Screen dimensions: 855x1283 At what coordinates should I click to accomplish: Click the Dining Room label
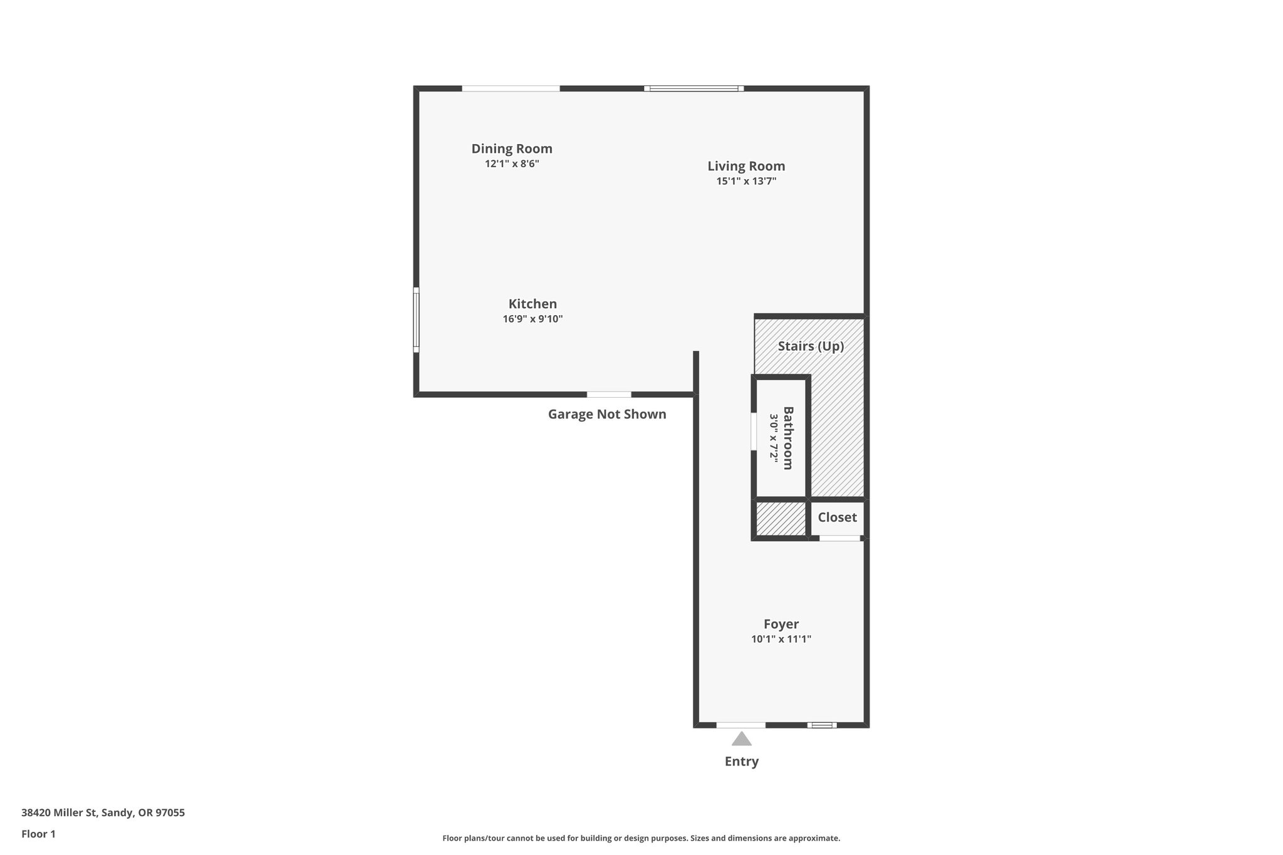(512, 148)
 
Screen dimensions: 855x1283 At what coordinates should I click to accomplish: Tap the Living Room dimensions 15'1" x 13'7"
(746, 181)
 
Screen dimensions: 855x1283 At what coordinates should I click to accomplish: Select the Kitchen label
(532, 304)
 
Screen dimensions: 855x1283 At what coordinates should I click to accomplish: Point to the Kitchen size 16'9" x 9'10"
(532, 319)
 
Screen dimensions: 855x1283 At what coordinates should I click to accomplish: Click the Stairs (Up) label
(811, 346)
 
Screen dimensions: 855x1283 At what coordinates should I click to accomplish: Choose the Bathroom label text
(788, 438)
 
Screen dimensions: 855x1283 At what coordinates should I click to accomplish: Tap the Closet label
(837, 517)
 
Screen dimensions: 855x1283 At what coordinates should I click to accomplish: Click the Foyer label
(781, 624)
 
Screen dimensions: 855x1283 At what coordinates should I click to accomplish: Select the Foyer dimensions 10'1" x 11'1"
(781, 639)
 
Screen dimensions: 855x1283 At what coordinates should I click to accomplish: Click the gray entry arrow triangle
(741, 740)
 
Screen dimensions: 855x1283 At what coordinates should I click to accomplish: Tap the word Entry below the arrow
(741, 761)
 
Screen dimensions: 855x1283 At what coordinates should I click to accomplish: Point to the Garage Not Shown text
(607, 414)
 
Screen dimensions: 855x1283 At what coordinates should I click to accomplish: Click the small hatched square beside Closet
(781, 519)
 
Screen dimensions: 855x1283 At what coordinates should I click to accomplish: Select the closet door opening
(839, 538)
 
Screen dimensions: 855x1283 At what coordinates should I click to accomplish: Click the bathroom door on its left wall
(754, 431)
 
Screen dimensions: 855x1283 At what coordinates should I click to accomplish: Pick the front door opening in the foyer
(740, 725)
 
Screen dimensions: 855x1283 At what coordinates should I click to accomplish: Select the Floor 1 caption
(38, 834)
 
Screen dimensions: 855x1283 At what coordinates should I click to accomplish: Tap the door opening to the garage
(609, 395)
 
